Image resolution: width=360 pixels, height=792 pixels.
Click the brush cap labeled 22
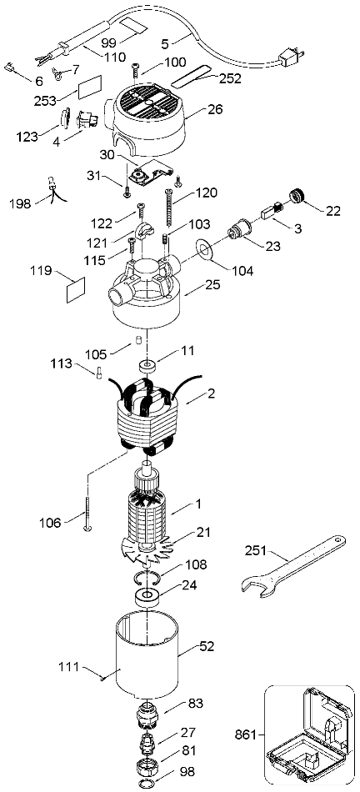297,195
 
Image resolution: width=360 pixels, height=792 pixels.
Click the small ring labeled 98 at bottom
148,784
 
